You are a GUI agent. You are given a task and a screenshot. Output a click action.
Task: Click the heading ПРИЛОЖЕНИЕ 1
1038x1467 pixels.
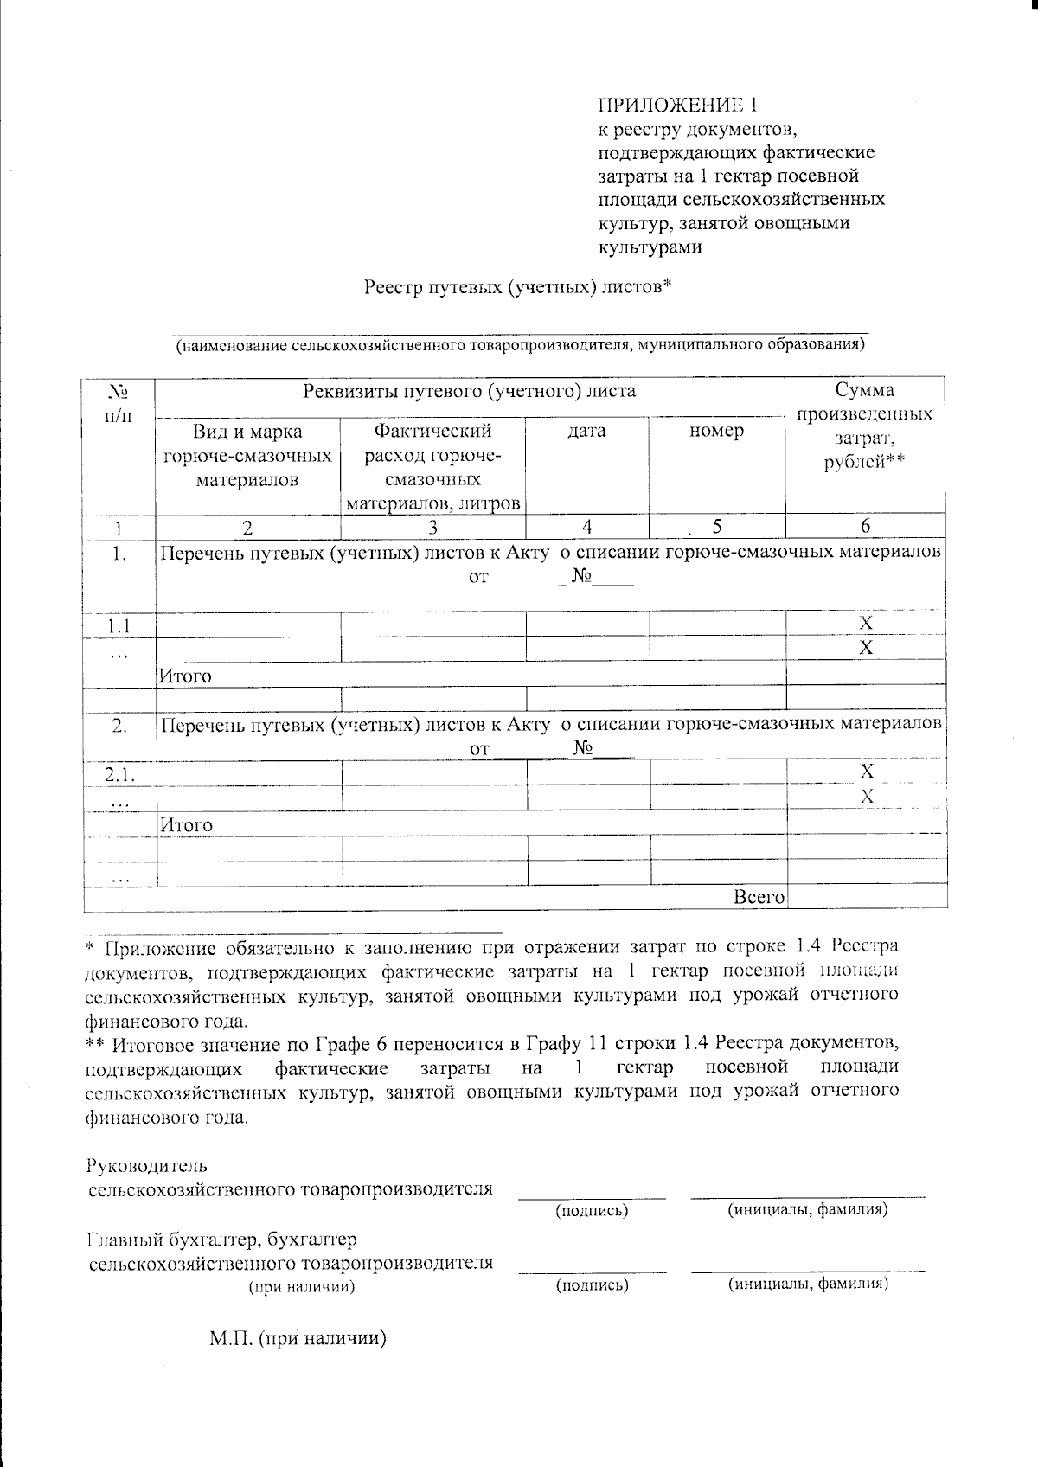coord(677,106)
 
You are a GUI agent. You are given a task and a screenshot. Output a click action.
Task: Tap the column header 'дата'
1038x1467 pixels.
coord(586,431)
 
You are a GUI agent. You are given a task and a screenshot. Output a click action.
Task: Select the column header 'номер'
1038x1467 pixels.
coord(716,431)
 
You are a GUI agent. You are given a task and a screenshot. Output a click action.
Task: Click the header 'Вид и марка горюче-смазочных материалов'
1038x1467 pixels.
coord(247,455)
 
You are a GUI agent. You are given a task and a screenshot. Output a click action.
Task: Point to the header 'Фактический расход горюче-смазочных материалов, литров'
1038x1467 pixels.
coord(432,466)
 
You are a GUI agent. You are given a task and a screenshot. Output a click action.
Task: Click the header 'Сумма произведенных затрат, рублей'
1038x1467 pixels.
coord(865,426)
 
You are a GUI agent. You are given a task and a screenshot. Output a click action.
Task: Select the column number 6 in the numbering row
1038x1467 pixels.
coord(865,526)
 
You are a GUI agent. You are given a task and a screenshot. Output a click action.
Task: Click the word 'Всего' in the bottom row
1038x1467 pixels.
coord(759,898)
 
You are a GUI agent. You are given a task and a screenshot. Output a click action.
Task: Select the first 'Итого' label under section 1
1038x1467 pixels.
coord(186,676)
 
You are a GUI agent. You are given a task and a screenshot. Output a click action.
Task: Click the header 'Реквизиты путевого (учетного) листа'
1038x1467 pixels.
coord(469,391)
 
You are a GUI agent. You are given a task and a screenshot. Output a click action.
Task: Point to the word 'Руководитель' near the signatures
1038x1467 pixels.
coord(147,1165)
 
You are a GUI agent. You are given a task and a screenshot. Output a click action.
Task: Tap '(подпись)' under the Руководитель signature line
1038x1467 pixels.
coord(592,1210)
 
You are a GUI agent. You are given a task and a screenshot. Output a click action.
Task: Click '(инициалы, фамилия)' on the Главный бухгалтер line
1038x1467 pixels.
coord(808,1283)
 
